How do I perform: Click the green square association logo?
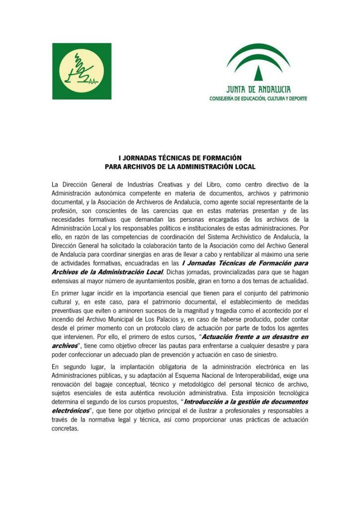coord(82,71)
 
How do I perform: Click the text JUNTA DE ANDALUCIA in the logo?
coord(258,89)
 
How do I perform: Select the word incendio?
coord(64,310)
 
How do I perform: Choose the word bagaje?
coord(125,384)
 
